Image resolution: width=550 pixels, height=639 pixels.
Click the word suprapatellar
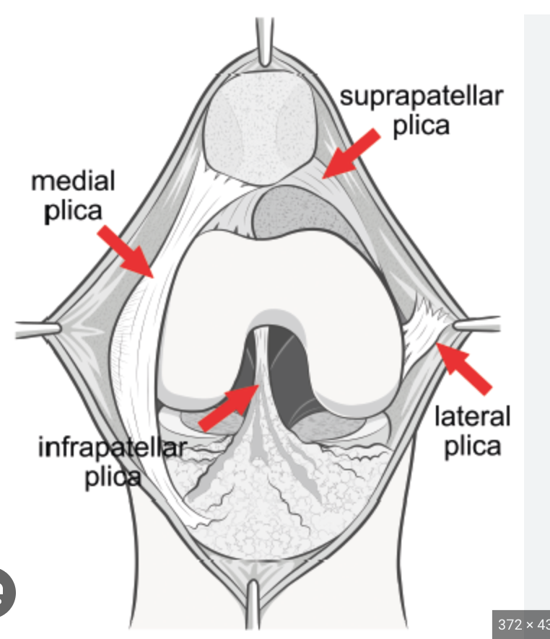pyautogui.click(x=421, y=97)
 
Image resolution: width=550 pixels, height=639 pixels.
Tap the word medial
pyautogui.click(x=73, y=181)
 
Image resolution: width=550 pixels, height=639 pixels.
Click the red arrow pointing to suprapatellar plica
pyautogui.click(x=352, y=152)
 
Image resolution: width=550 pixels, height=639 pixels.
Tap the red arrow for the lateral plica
pyautogui.click(x=465, y=368)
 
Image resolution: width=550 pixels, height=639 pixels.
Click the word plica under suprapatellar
pyautogui.click(x=421, y=125)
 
